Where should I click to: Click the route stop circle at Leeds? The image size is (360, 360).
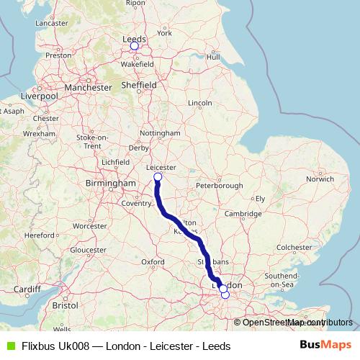(134, 46)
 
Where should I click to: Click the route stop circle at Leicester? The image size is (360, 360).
(158, 176)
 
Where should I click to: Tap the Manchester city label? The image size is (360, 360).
(88, 88)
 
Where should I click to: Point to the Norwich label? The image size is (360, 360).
(320, 179)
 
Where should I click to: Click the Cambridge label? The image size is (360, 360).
(242, 214)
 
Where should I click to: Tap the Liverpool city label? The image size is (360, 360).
(39, 96)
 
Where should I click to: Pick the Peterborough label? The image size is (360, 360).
(220, 186)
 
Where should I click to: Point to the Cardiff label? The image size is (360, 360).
(27, 290)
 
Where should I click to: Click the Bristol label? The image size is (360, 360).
(65, 305)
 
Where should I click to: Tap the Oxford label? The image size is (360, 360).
(153, 261)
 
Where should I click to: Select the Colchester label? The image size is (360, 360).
(292, 247)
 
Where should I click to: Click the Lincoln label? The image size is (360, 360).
(199, 103)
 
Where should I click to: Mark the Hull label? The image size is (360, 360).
(212, 57)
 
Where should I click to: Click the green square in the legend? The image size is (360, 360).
(9, 346)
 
